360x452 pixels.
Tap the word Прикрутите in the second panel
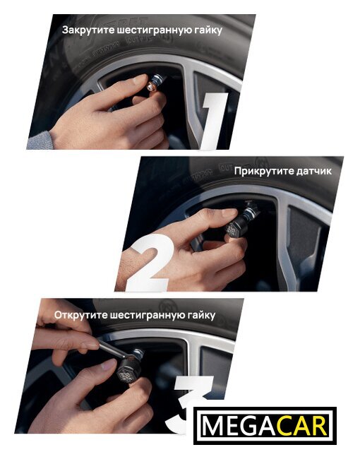(x=261, y=171)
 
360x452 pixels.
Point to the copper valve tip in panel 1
(x=151, y=87)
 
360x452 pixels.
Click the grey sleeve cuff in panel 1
(x=40, y=141)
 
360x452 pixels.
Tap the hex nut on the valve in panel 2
(x=248, y=213)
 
